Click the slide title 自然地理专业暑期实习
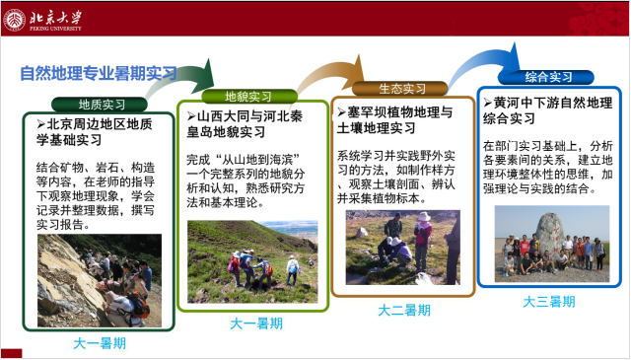tap(99, 73)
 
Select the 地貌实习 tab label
tap(248, 97)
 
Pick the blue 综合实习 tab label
tap(547, 77)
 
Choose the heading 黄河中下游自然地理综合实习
tap(546, 110)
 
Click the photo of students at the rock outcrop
tap(99, 280)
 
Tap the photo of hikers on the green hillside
tap(252, 260)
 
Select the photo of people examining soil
tap(402, 247)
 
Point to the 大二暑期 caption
tap(403, 310)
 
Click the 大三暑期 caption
tap(549, 301)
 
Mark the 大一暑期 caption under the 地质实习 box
tap(101, 343)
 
